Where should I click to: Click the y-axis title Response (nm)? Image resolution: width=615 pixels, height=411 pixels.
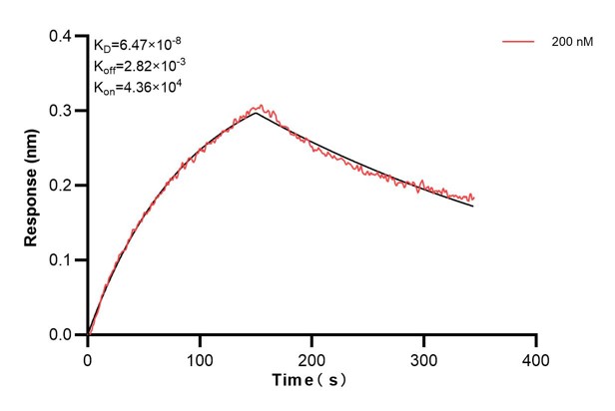click(x=34, y=185)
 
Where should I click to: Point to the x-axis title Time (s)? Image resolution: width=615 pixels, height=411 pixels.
click(x=311, y=381)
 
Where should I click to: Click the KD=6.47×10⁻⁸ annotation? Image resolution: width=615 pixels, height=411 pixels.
click(x=138, y=45)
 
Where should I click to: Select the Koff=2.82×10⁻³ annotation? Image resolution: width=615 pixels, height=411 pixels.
click(x=139, y=66)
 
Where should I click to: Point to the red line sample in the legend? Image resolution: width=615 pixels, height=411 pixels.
click(x=519, y=42)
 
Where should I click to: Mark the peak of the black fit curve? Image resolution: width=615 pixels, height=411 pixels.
click(x=256, y=113)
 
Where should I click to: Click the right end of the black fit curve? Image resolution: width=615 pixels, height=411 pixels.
click(x=473, y=205)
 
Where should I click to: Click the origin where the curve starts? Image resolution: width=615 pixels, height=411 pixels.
click(x=88, y=335)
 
